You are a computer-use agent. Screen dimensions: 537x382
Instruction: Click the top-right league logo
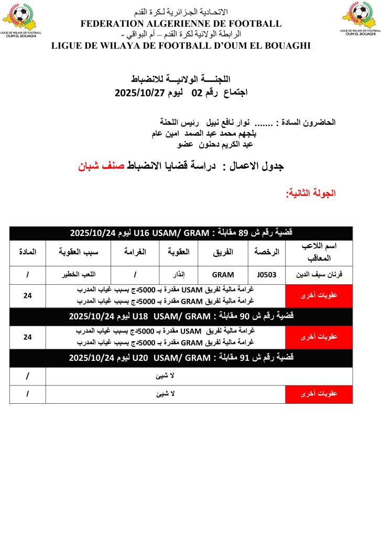tap(360, 18)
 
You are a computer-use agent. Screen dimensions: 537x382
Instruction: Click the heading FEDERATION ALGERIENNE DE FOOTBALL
tap(181, 24)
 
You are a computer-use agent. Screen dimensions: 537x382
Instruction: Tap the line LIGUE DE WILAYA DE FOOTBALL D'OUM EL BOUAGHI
tap(181, 46)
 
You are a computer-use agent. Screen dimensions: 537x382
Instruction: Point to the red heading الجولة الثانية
tap(311, 192)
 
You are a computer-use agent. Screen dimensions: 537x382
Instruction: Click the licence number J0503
tap(267, 274)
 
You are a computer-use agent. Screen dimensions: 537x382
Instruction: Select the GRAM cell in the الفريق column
tap(223, 274)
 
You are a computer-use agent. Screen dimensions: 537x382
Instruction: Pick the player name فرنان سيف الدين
tap(319, 274)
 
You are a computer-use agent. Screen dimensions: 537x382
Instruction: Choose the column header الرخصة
tap(267, 252)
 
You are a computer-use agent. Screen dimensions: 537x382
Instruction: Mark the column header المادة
tap(27, 252)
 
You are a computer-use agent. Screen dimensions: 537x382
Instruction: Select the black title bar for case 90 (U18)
tap(181, 316)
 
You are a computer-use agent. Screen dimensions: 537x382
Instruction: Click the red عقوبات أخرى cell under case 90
tap(319, 337)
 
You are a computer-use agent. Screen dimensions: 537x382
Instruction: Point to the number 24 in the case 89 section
tap(27, 296)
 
